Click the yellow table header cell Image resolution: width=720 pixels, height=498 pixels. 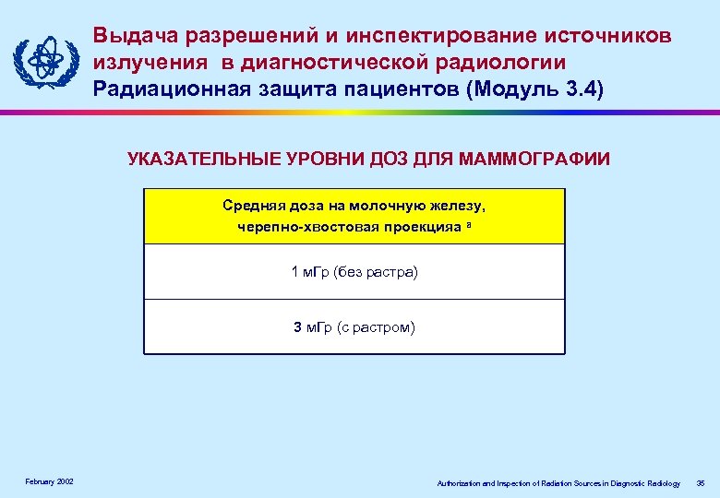pos(354,217)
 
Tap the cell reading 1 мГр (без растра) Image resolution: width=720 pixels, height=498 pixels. pos(354,272)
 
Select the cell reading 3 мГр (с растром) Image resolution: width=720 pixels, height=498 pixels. pos(354,326)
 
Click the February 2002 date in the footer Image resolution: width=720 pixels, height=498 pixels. pos(51,482)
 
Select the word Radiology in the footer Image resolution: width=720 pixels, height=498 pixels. pos(663,483)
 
